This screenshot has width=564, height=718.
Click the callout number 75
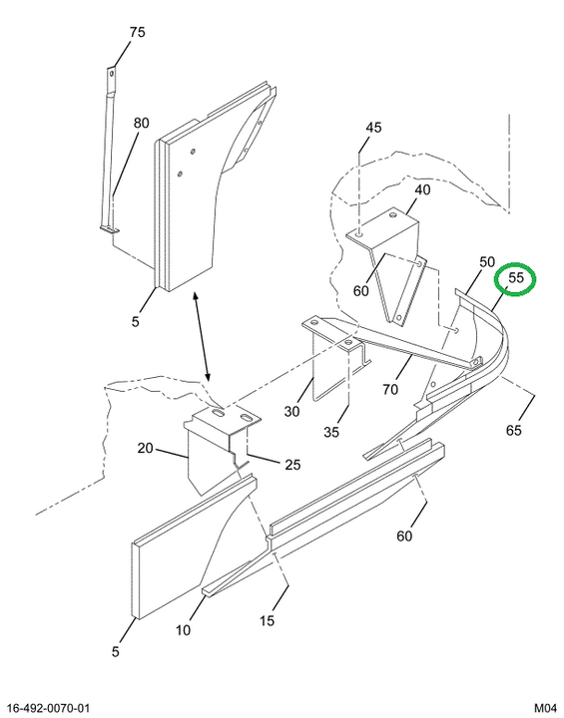pyautogui.click(x=137, y=32)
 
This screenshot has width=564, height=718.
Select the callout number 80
pyautogui.click(x=141, y=123)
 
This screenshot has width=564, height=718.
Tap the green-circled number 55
pyautogui.click(x=516, y=277)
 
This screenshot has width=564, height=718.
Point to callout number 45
pyautogui.click(x=373, y=128)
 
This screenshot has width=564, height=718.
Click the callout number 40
pyautogui.click(x=423, y=189)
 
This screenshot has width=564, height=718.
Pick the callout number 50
pyautogui.click(x=487, y=262)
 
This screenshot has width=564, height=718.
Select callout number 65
pyautogui.click(x=513, y=430)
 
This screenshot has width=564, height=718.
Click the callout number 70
pyautogui.click(x=390, y=389)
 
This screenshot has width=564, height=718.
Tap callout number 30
pyautogui.click(x=291, y=411)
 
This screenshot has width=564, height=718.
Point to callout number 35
pyautogui.click(x=331, y=432)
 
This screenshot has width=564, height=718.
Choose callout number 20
pyautogui.click(x=145, y=448)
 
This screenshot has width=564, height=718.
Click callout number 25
pyautogui.click(x=292, y=465)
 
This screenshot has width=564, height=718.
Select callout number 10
pyautogui.click(x=183, y=630)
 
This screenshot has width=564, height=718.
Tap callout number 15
pyautogui.click(x=267, y=621)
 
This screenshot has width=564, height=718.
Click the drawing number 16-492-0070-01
pyautogui.click(x=49, y=708)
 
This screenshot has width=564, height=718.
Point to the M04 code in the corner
pyautogui.click(x=545, y=708)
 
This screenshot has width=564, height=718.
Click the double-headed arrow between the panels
pyautogui.click(x=202, y=337)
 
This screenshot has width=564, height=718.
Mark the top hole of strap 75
pyautogui.click(x=111, y=73)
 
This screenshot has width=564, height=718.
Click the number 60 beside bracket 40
pyautogui.click(x=361, y=290)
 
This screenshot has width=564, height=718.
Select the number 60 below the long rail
pyautogui.click(x=404, y=536)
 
